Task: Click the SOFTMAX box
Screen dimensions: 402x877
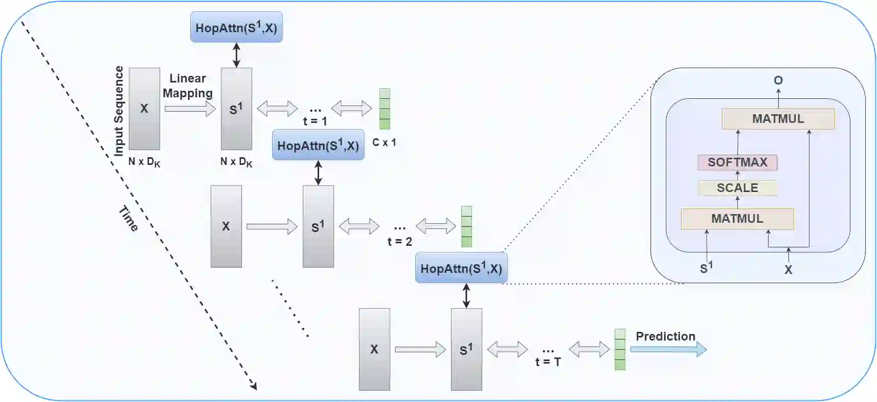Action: coord(737,162)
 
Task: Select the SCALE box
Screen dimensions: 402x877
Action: coord(737,188)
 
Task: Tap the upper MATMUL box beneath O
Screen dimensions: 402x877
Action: coord(778,119)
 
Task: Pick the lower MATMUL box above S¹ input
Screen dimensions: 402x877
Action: coord(737,219)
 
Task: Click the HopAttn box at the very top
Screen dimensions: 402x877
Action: coord(236,27)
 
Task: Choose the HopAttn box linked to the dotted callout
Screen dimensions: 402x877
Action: coord(461,268)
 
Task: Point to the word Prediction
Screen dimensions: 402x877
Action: coord(665,336)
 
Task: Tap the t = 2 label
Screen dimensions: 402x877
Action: coord(400,241)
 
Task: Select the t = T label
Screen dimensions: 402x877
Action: coord(548,362)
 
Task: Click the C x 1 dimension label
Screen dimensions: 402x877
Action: coord(384,142)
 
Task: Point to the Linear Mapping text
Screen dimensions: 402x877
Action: coord(188,86)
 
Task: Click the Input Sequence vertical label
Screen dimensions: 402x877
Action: coord(119,111)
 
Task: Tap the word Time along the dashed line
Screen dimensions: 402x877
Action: coord(128,219)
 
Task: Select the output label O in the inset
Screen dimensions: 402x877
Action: coord(778,80)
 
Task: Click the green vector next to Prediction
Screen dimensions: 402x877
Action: coord(620,349)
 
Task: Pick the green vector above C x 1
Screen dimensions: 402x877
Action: coord(385,109)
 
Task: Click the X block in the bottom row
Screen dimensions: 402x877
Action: coord(374,349)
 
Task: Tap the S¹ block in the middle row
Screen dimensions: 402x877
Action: coord(318,226)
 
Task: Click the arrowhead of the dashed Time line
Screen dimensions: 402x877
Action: coord(254,386)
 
